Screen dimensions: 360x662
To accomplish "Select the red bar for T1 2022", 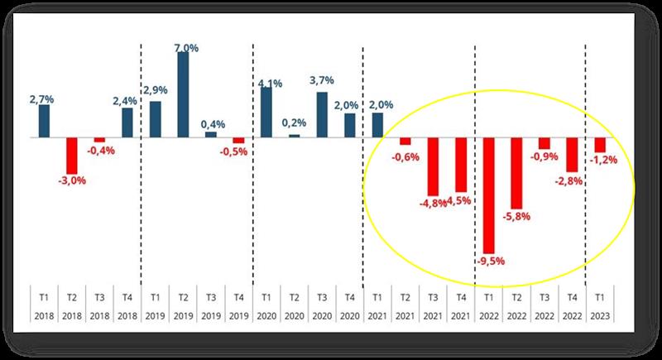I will (x=489, y=195).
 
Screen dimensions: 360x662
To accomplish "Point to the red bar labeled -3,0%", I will (x=72, y=155).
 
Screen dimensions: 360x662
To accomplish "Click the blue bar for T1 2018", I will (x=44, y=121).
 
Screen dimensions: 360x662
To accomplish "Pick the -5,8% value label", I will (x=516, y=216).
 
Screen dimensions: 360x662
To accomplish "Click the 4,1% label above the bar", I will (x=266, y=83).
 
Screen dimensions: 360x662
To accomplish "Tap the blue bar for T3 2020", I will (x=322, y=115).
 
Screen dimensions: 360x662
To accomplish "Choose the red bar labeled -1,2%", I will (x=600, y=145).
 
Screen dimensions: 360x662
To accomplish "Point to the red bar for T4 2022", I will (x=572, y=154).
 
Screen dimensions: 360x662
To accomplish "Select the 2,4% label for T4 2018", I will (x=127, y=102).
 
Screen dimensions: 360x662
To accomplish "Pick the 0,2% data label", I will (x=294, y=122).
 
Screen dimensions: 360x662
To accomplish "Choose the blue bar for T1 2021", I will (x=377, y=125).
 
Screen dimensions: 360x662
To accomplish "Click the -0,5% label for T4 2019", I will (x=238, y=151).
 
